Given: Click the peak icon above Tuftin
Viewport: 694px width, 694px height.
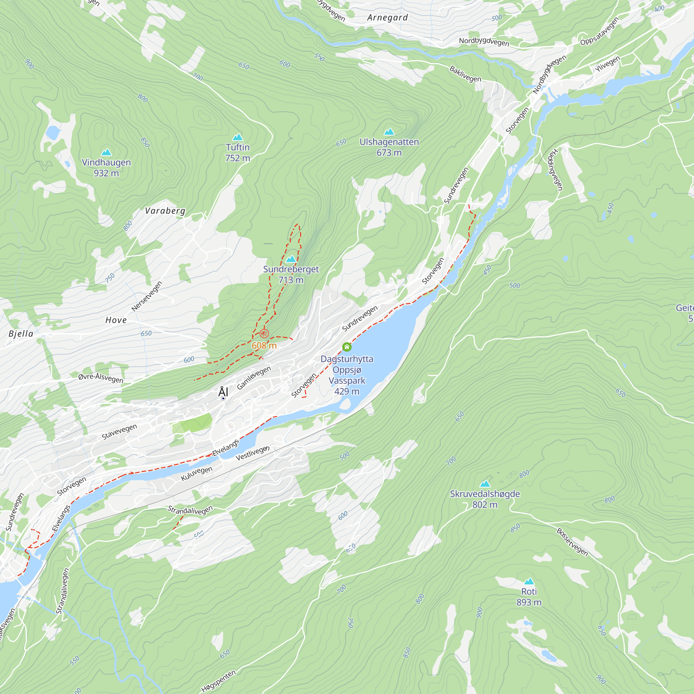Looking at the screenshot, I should click(x=237, y=137).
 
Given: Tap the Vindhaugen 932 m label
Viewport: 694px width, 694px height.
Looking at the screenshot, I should click(x=106, y=167).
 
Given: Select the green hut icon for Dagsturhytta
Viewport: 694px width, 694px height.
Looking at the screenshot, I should click(x=347, y=347).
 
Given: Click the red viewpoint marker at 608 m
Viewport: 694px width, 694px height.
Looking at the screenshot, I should click(x=264, y=333).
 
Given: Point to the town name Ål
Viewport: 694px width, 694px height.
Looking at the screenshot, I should click(x=223, y=392).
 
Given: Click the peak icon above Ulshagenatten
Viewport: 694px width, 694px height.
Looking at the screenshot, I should click(x=389, y=132).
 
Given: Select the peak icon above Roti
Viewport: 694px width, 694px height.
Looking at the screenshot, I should click(x=529, y=582).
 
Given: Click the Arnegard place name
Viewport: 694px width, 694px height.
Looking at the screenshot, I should click(x=387, y=18).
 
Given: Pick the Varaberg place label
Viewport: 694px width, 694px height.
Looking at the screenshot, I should click(x=165, y=211).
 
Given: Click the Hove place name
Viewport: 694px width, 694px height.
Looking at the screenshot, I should click(x=116, y=320).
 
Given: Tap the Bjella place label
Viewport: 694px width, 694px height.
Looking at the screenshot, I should click(x=21, y=334).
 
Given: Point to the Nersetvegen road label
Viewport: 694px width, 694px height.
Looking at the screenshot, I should click(x=146, y=296).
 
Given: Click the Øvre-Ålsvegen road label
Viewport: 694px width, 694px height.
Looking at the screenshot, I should click(x=101, y=378).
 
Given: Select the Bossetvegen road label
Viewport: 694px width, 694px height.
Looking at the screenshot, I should click(x=572, y=542).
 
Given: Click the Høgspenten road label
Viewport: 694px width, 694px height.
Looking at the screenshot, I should click(x=218, y=681).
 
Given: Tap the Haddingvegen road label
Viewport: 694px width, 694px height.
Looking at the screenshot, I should click(x=555, y=170).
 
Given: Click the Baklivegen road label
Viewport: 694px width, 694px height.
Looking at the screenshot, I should click(x=465, y=74).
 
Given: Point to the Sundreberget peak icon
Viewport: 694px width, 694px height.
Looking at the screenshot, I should click(x=290, y=259).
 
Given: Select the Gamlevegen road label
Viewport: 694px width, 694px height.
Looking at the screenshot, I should click(x=254, y=378).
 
